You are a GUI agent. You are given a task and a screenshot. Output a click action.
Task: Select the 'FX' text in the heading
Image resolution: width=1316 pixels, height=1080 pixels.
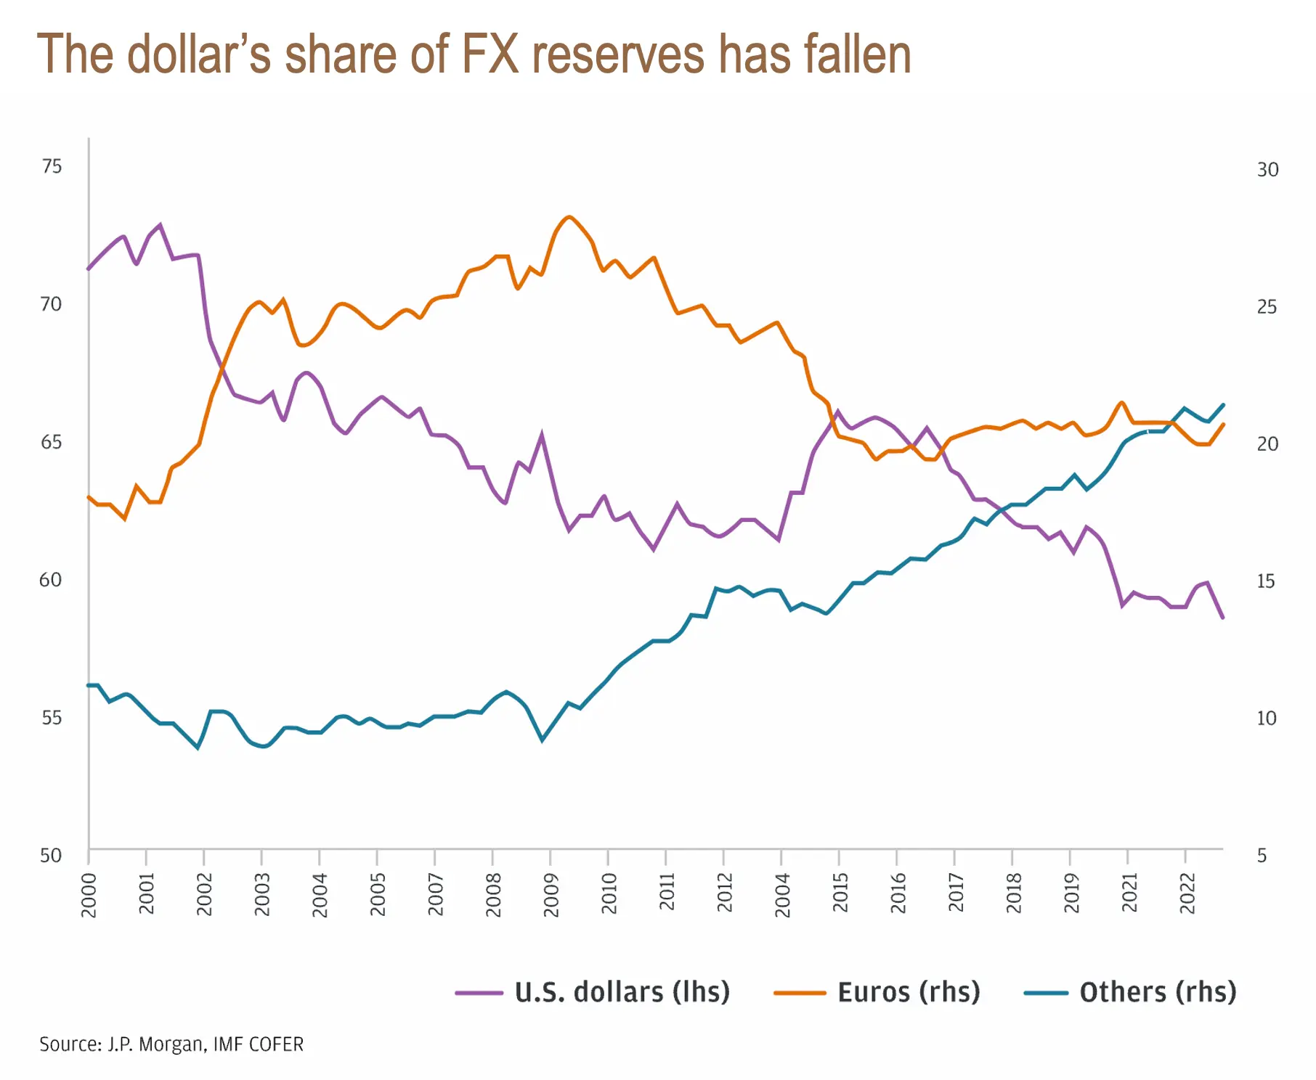click(490, 54)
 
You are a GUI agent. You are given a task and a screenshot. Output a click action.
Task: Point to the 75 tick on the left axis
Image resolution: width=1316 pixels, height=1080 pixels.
click(52, 166)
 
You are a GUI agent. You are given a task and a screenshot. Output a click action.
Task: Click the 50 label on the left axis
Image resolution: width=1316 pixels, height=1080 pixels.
click(51, 855)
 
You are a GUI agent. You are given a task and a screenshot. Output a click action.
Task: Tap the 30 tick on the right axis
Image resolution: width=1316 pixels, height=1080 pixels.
click(1267, 169)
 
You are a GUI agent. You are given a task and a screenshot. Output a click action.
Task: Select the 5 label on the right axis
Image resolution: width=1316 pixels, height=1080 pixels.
click(1262, 855)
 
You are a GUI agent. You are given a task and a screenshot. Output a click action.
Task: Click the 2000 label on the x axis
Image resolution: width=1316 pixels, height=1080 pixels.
click(89, 894)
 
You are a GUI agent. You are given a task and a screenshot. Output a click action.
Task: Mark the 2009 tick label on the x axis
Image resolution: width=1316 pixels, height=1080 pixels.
click(551, 894)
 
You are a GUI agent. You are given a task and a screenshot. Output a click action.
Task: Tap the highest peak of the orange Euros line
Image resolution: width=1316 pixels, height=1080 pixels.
click(569, 217)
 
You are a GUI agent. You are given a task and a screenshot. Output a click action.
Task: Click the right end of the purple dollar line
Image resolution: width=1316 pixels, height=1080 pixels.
click(1223, 618)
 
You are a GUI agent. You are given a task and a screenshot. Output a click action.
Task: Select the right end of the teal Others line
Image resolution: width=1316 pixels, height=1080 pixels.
click(1224, 405)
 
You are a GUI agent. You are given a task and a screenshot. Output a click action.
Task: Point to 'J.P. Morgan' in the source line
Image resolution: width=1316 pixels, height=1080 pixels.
click(157, 1044)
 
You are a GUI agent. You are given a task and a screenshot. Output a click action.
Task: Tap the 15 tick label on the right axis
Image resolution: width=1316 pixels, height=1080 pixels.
click(1266, 581)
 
